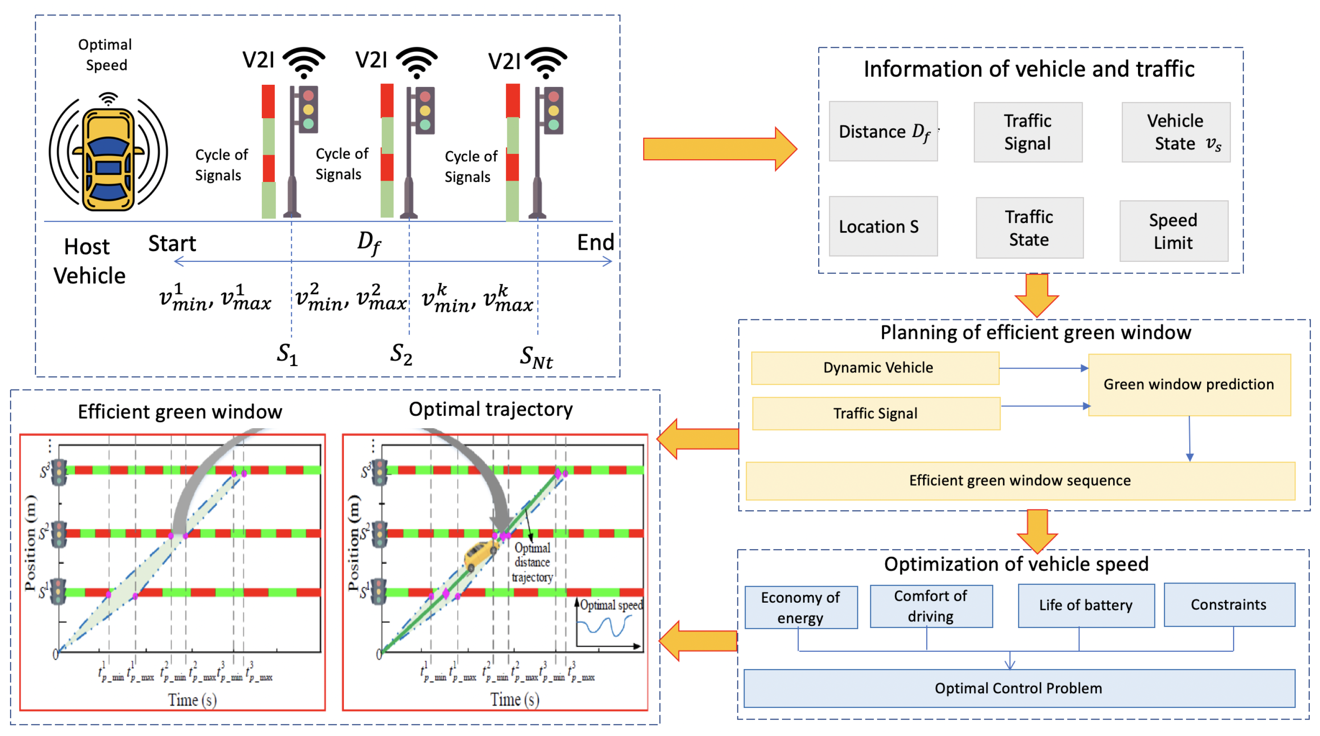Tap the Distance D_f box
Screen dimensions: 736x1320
pos(883,132)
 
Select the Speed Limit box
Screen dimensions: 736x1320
pos(1173,231)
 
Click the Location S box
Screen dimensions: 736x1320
pos(883,227)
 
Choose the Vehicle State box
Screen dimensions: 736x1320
pos(1175,132)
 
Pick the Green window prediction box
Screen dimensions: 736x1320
pos(1188,385)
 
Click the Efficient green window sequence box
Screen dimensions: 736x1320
pos(1019,481)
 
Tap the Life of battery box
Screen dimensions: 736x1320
pos(1086,605)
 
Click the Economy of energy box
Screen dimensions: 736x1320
pos(800,608)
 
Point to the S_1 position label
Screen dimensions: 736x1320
pos(287,354)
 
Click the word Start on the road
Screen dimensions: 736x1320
pos(172,244)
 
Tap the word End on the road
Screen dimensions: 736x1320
pos(595,242)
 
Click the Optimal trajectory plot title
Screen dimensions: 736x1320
pos(490,409)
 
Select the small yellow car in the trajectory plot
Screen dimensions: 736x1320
pos(480,554)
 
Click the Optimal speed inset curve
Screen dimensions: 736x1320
pos(604,626)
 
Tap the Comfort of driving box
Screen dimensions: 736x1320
pos(931,606)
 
